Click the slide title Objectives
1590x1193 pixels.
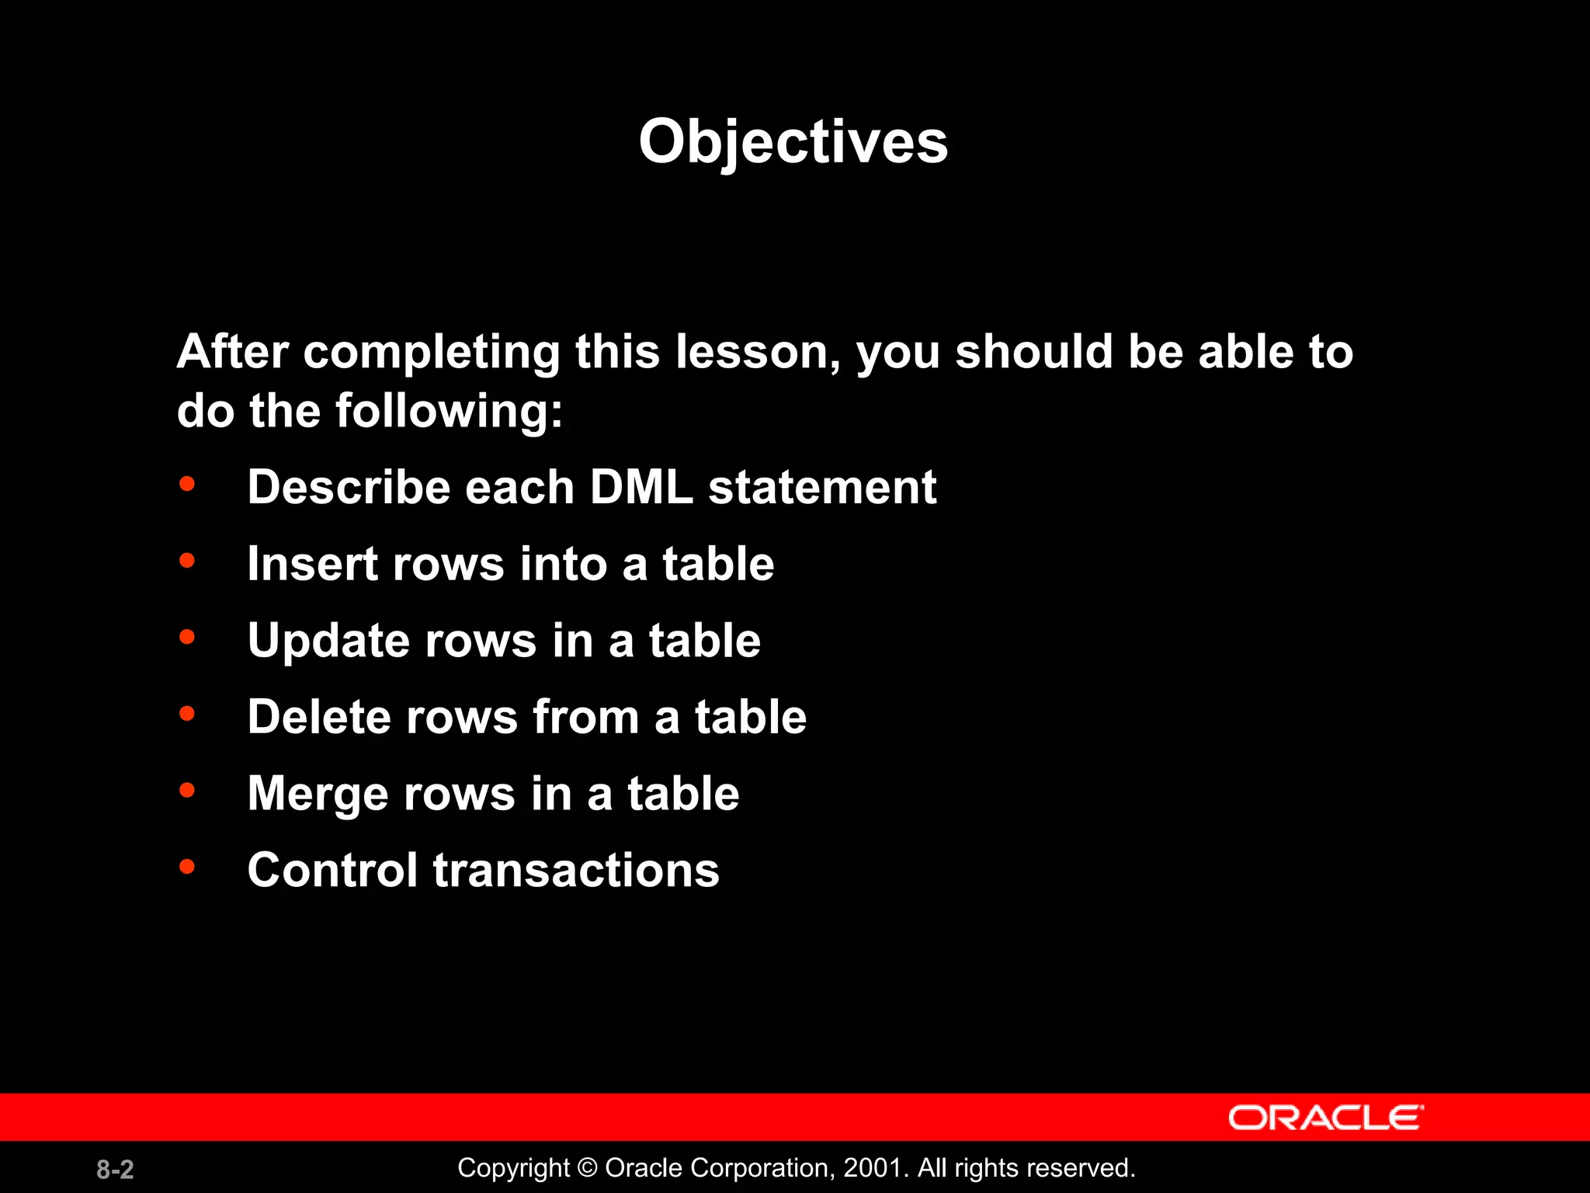[x=793, y=142]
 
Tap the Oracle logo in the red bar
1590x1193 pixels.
[x=1325, y=1118]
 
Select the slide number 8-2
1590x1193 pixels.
[x=115, y=1169]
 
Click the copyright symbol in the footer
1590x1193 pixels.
[x=587, y=1167]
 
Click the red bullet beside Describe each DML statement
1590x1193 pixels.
[x=187, y=484]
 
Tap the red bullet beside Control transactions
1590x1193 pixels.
[x=187, y=867]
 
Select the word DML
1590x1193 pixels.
[x=641, y=487]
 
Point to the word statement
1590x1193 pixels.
[x=822, y=487]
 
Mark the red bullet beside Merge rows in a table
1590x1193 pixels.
[x=187, y=791]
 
